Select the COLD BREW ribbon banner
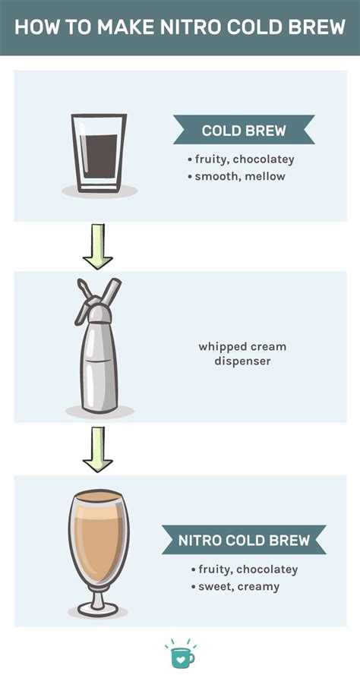244,131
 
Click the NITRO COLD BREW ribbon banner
244,541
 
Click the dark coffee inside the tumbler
99,157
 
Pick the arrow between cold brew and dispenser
98,246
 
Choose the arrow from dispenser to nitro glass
98,449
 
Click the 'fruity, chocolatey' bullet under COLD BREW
241,159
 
